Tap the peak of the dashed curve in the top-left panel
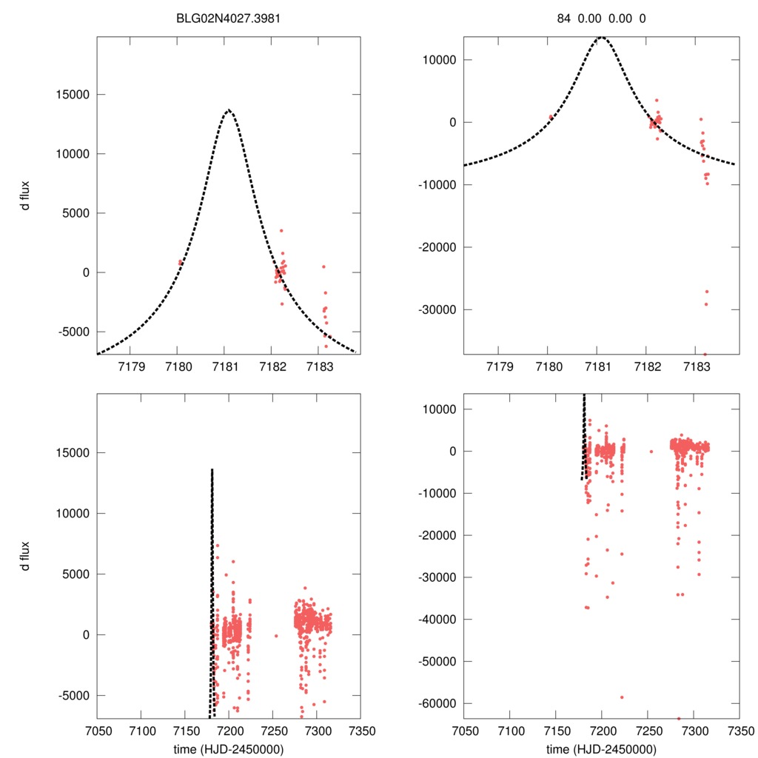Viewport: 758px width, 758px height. [229, 110]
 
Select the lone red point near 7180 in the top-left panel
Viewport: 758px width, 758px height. [180, 262]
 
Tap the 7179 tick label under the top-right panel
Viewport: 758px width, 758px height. [500, 366]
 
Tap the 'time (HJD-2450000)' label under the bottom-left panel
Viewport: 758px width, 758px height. [229, 748]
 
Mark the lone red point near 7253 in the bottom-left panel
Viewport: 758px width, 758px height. [276, 635]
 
